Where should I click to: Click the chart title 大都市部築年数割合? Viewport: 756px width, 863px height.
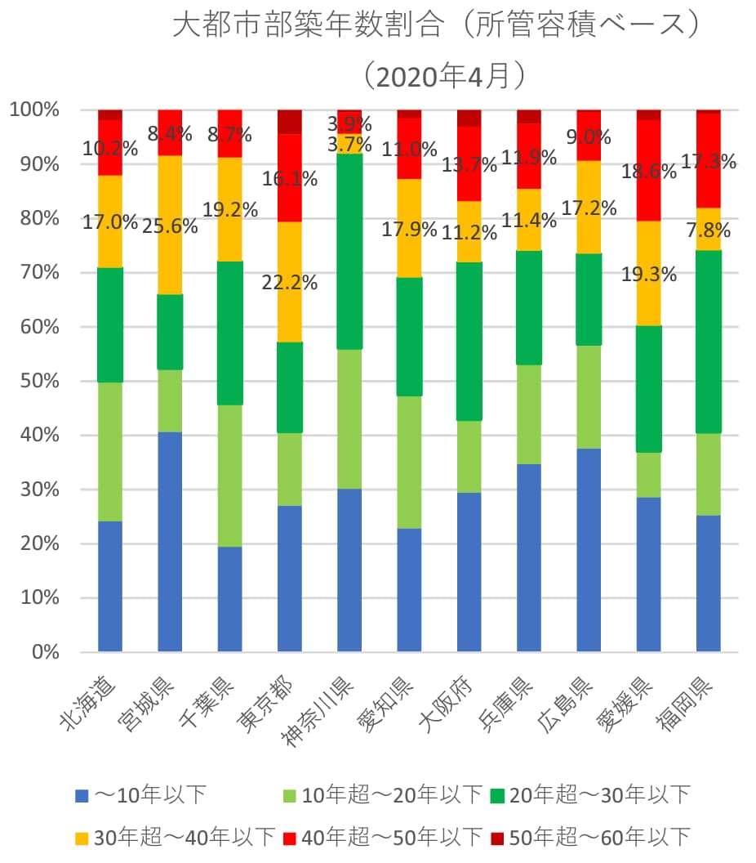pos(438,25)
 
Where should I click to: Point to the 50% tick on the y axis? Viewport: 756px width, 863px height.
pos(37,381)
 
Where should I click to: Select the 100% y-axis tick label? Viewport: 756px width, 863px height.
pos(33,110)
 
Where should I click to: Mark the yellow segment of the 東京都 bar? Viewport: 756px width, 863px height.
pos(290,282)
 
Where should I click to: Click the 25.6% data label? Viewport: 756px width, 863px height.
pos(171,226)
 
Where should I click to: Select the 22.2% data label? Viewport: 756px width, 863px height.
pos(290,284)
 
